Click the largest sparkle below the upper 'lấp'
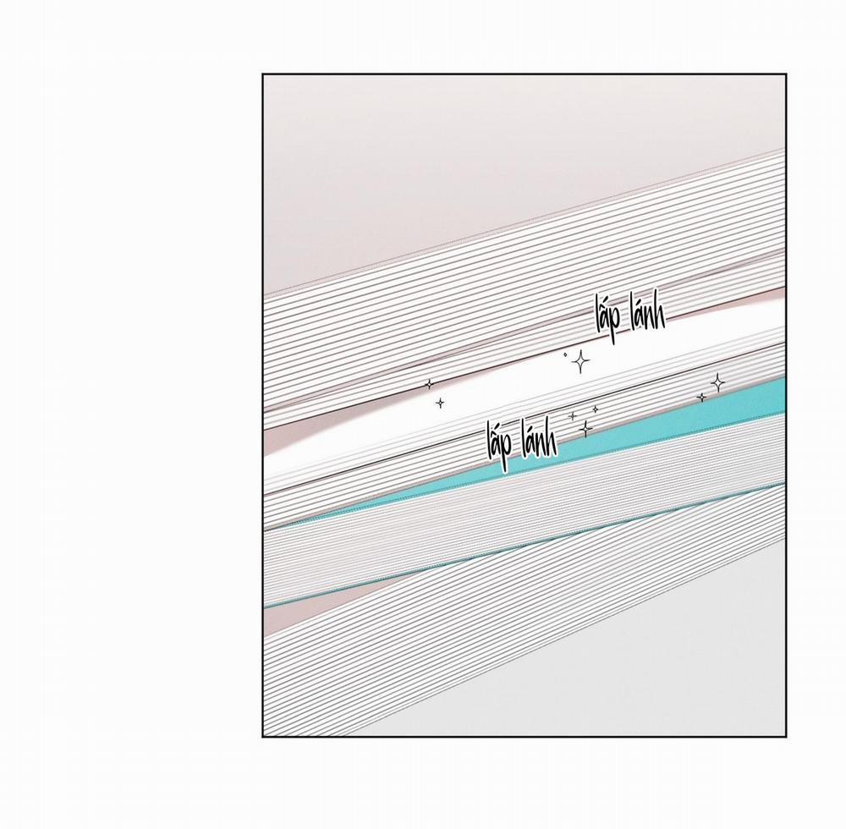click(580, 361)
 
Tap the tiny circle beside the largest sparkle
click(565, 354)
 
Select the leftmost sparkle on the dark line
click(430, 384)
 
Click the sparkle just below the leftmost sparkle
click(440, 403)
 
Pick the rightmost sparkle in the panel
click(717, 383)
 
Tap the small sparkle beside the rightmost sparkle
click(701, 398)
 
